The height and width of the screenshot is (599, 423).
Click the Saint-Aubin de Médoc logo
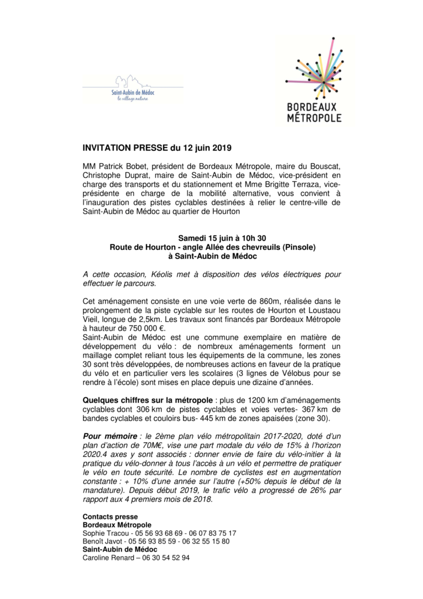134,88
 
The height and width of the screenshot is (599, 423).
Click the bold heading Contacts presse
110,517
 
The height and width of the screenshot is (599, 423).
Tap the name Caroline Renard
107,557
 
